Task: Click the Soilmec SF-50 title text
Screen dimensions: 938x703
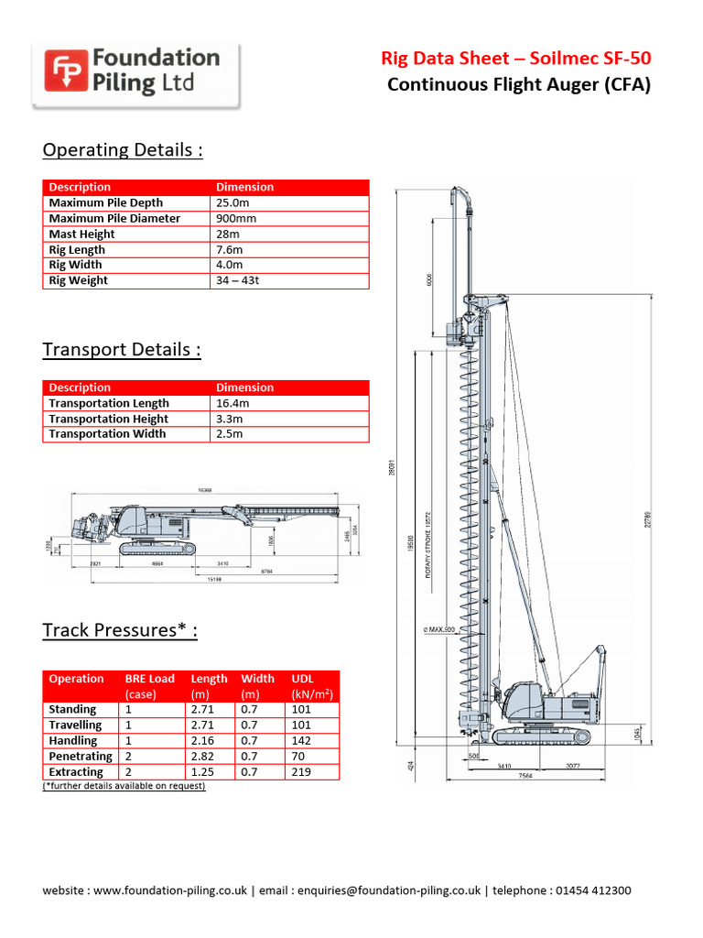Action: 516,60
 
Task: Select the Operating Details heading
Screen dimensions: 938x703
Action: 123,149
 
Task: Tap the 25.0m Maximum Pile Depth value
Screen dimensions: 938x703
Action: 234,202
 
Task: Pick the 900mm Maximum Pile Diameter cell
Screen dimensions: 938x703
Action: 236,218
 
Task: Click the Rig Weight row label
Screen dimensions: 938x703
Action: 78,280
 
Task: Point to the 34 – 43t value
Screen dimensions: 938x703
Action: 238,280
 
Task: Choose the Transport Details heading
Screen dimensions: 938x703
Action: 122,350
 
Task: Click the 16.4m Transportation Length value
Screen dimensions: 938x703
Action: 233,403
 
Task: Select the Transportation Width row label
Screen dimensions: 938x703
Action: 107,433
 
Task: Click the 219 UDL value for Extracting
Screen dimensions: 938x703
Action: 301,772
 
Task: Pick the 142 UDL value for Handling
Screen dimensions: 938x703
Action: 301,740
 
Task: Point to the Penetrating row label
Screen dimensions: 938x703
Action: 81,757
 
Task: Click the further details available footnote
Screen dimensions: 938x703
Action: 124,786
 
